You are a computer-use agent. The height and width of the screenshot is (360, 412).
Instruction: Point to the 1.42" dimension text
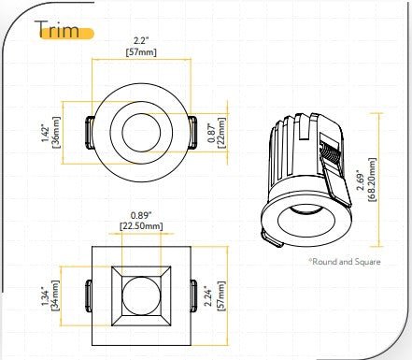click(44, 128)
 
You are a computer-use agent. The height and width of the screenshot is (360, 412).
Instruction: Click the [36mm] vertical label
click(56, 128)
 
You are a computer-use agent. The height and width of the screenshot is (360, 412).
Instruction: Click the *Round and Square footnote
click(347, 262)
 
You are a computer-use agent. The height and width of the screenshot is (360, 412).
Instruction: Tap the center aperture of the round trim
click(141, 128)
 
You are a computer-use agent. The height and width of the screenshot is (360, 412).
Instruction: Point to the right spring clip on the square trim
click(192, 294)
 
